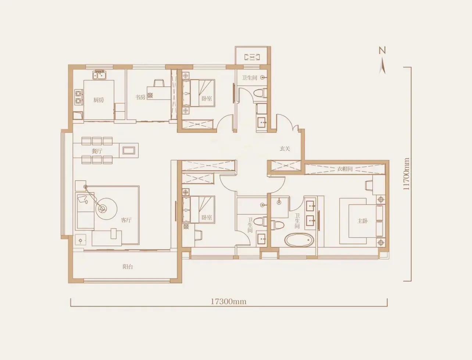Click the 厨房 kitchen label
(99, 100)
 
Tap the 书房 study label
(140, 97)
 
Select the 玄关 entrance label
(285, 149)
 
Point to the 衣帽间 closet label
(345, 169)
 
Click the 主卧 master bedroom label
(362, 221)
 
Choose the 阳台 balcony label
(128, 267)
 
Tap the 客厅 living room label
(126, 220)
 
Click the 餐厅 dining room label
(97, 151)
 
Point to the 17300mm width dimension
(228, 302)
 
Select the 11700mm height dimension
(406, 174)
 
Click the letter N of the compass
(382, 50)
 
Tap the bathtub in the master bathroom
(299, 240)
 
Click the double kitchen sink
(99, 75)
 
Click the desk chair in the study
(159, 83)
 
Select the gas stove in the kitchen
(78, 97)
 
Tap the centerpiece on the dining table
(129, 150)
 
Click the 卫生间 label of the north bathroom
(250, 78)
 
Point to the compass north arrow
(382, 66)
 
